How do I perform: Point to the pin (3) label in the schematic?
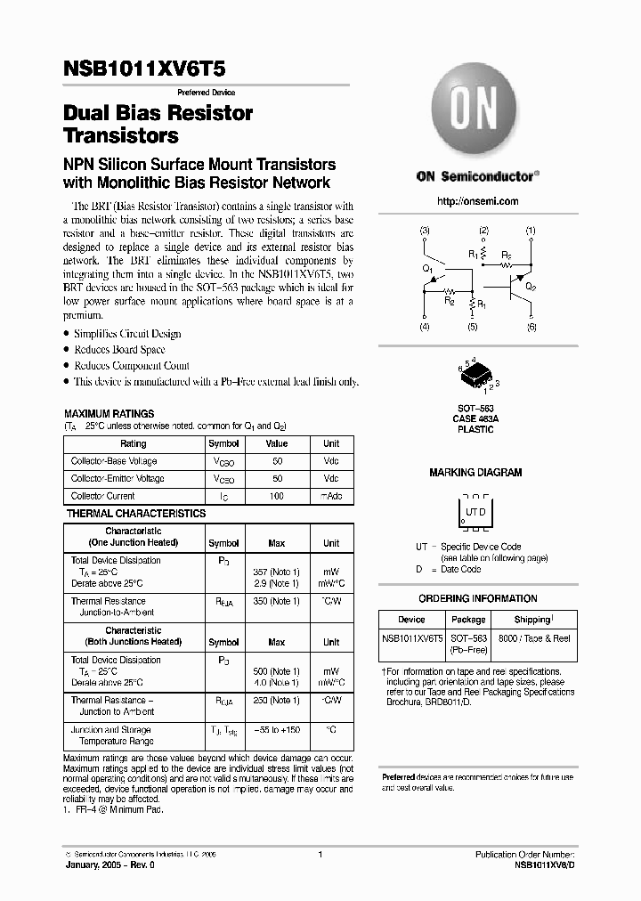(425, 231)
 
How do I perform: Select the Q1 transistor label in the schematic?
(428, 268)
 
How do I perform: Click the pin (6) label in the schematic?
(531, 328)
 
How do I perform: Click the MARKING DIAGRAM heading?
(475, 473)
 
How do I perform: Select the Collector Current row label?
(103, 496)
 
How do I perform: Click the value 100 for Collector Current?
(277, 496)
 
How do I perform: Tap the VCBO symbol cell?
(223, 462)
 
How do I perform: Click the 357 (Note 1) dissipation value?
(278, 572)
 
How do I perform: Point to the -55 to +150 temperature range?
(277, 729)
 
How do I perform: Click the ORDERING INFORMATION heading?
(478, 599)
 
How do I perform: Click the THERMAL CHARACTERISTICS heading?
(135, 514)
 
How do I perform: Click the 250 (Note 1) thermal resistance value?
(278, 700)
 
